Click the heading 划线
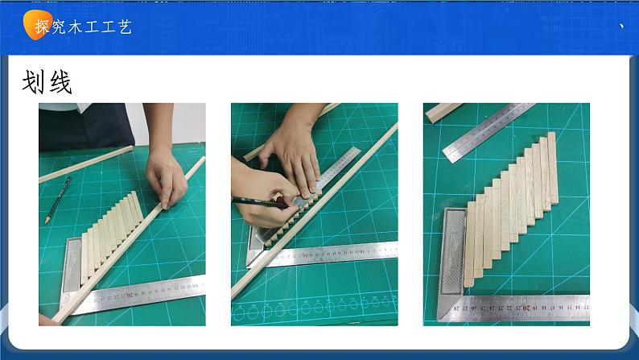coord(47,82)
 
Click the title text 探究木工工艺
coord(84,27)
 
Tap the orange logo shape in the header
coord(37,24)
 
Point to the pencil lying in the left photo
coord(58,200)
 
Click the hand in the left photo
coord(166,176)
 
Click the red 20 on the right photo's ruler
coord(526,308)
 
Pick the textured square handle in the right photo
coord(452,251)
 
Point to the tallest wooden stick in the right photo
coord(553,168)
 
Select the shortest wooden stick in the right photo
coord(469,244)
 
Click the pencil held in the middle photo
coord(261,201)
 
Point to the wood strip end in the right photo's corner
coord(442,111)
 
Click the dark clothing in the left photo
coord(86,126)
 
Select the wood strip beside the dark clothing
coord(86,164)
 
